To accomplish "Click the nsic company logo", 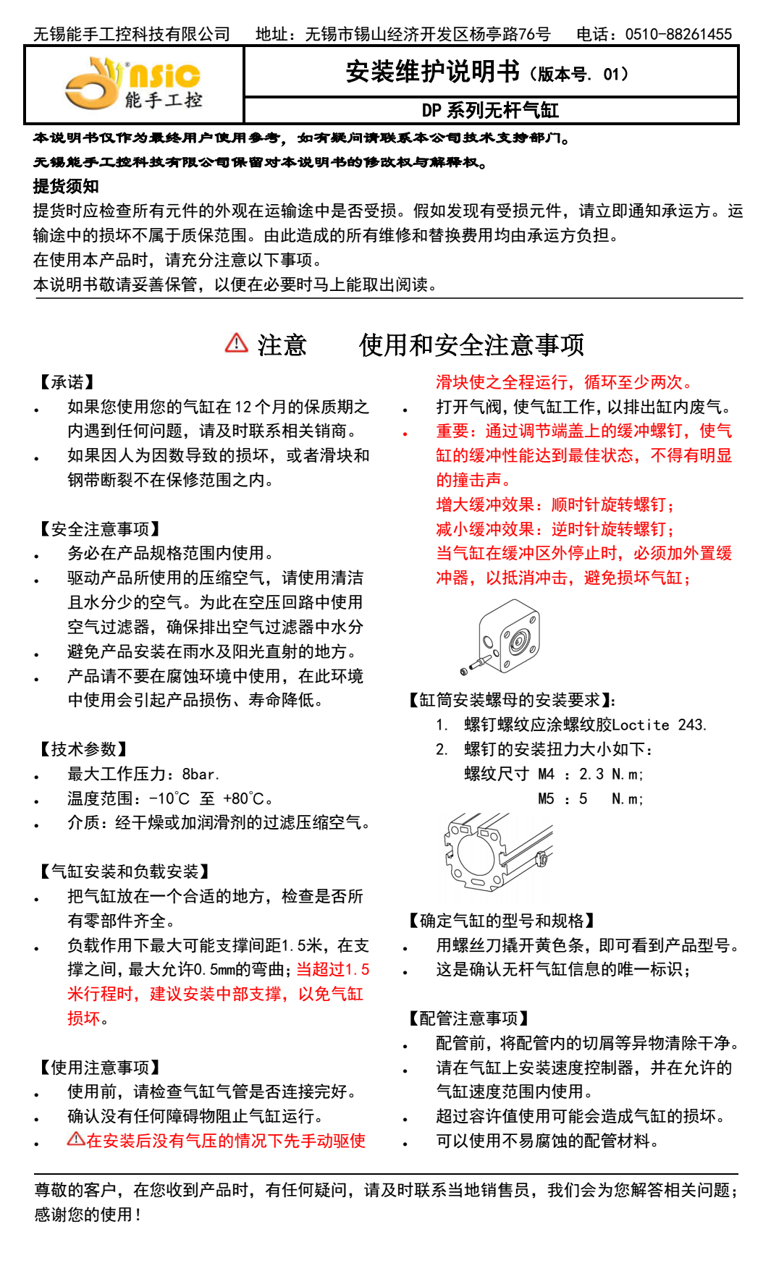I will (x=133, y=84).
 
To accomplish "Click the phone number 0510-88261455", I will (x=678, y=34).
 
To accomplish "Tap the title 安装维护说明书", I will (x=432, y=72).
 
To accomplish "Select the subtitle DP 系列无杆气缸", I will (x=490, y=111).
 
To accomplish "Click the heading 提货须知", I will (x=66, y=186).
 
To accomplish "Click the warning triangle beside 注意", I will (x=236, y=343).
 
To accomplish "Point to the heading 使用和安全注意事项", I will (x=471, y=345).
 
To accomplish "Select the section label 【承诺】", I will (x=66, y=382).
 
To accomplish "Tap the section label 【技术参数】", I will (x=83, y=749).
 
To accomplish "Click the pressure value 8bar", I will (x=200, y=774).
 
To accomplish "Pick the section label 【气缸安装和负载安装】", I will (x=124, y=871).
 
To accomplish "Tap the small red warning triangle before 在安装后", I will (x=75, y=1139).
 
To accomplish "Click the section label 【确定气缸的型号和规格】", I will (x=501, y=921).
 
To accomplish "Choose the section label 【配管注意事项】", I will (x=468, y=1018).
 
